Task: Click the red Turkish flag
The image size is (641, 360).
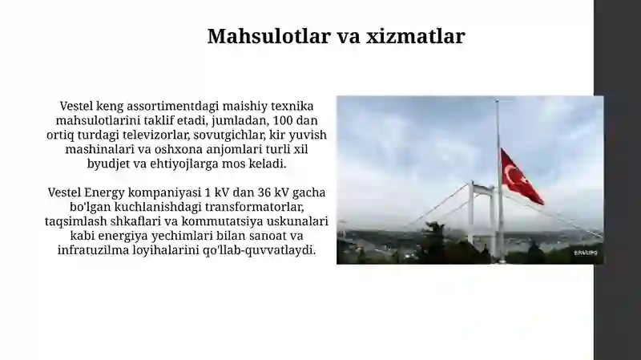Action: pos(521,177)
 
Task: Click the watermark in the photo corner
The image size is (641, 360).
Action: pos(585,253)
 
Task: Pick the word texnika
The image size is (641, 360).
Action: pos(290,106)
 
